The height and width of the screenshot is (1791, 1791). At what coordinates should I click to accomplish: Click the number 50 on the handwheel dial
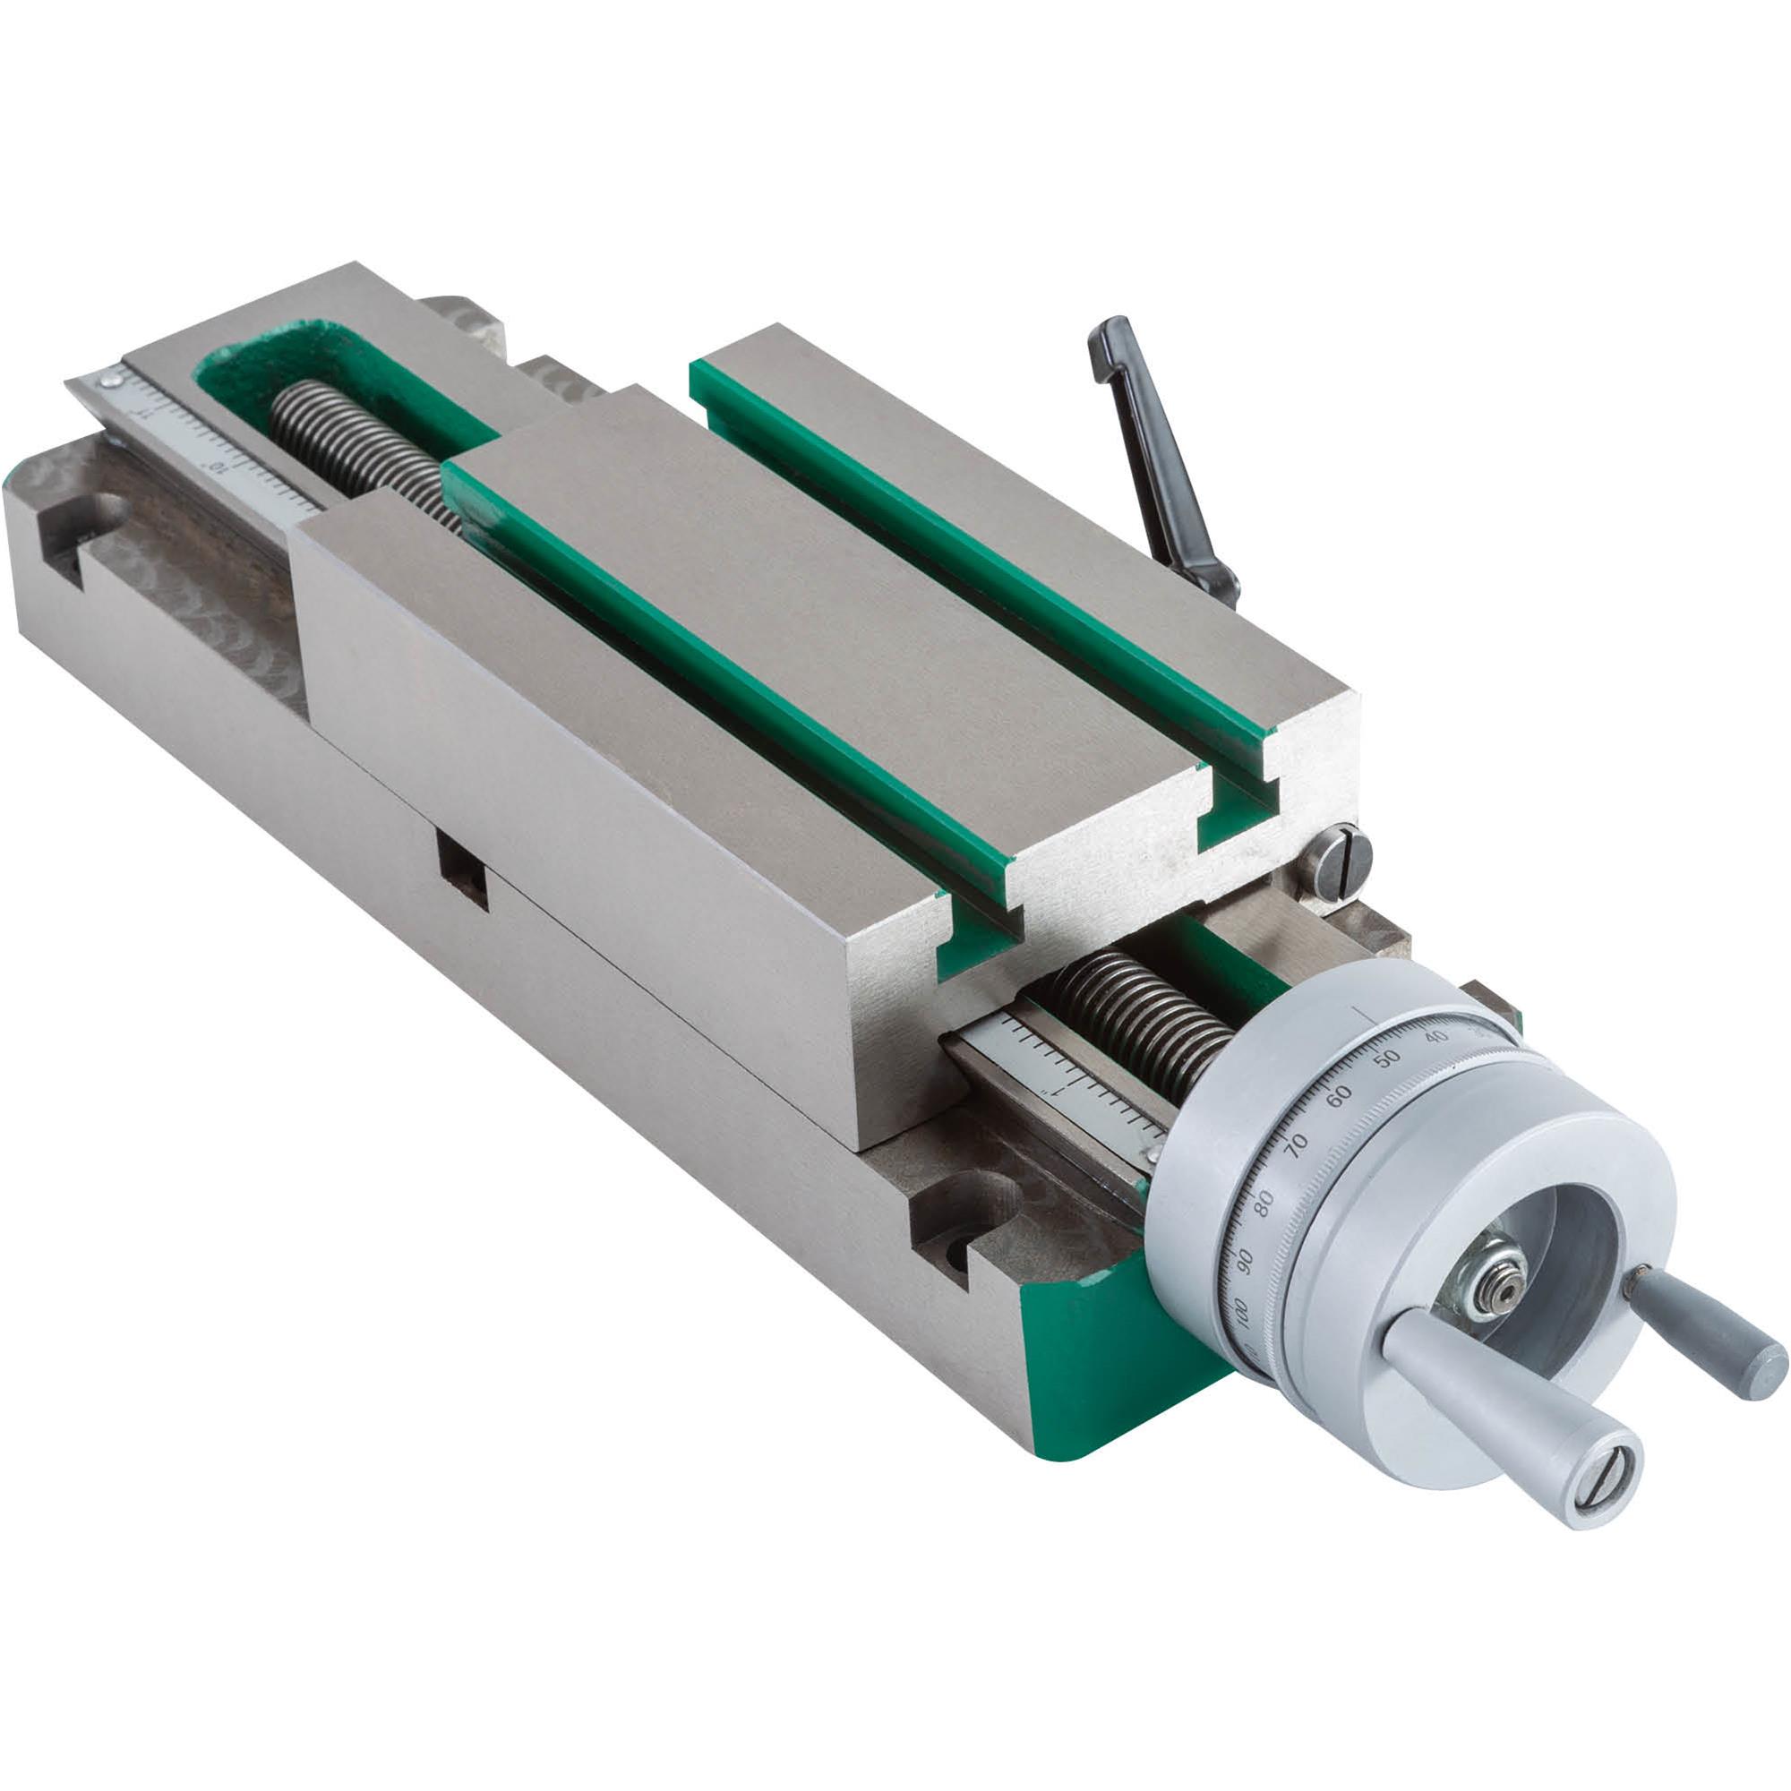click(x=1386, y=1058)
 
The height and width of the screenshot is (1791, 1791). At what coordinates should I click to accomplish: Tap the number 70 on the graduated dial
click(x=1297, y=1143)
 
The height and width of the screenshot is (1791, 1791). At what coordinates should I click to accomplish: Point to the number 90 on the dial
click(x=1245, y=1260)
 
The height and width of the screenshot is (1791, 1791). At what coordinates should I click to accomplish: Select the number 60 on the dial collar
click(x=1339, y=1096)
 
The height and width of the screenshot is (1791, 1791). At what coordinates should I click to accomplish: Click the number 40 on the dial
click(x=1436, y=1036)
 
